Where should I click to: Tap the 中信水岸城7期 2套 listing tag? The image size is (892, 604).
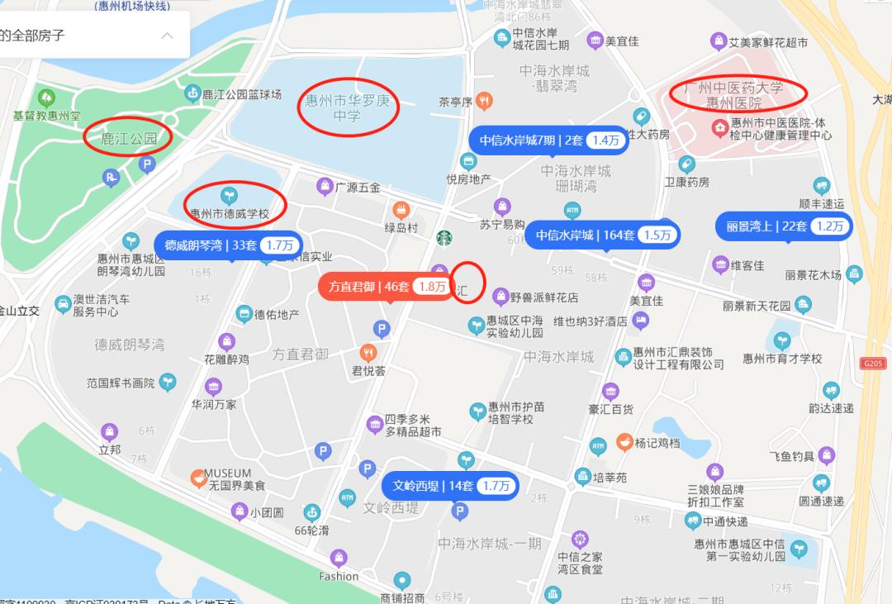click(548, 140)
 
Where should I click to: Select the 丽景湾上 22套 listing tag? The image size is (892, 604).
click(783, 226)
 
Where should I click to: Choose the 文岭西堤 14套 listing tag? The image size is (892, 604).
click(450, 486)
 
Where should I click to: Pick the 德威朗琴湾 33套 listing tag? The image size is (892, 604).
click(228, 245)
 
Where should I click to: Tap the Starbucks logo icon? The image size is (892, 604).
click(445, 238)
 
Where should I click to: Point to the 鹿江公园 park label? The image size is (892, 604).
click(129, 138)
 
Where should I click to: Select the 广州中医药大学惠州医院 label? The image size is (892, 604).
click(738, 94)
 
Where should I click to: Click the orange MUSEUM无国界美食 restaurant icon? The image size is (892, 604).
click(198, 478)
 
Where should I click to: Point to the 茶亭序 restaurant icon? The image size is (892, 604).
click(485, 101)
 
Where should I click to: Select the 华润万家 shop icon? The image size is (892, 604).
click(213, 386)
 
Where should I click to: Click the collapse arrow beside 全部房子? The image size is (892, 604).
click(167, 36)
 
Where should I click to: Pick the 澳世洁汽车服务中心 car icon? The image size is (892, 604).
click(62, 305)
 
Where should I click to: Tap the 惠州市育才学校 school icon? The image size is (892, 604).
click(781, 340)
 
